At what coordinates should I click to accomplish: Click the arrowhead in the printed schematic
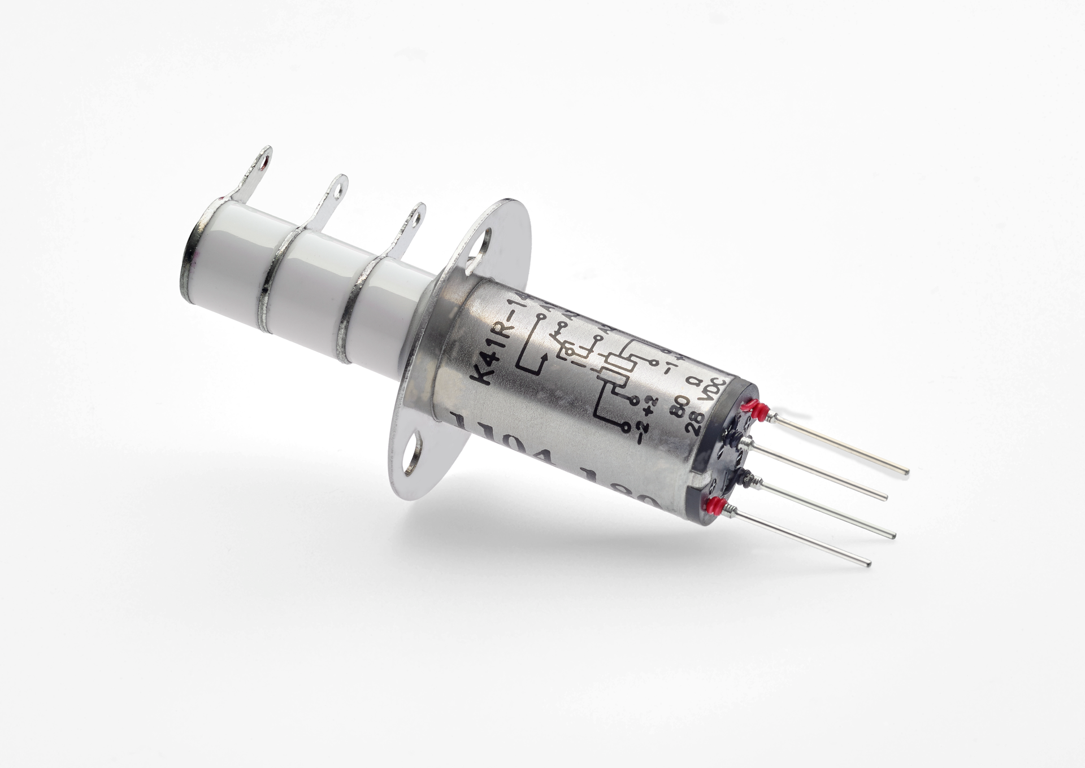pos(544,357)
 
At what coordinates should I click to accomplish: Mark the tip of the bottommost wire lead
pos(868,563)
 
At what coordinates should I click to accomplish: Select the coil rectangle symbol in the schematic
pos(614,367)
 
